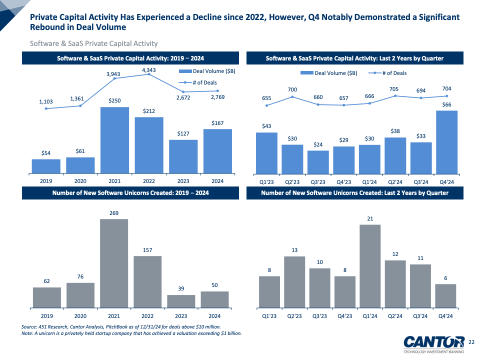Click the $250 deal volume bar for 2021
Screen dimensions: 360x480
point(114,140)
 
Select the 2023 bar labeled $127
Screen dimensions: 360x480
point(183,156)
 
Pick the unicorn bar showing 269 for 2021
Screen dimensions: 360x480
point(114,263)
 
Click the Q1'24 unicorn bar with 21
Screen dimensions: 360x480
point(370,265)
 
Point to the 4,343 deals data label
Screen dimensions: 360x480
point(149,70)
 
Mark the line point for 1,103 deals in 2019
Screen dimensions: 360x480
point(46,108)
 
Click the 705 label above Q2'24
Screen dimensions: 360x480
point(395,89)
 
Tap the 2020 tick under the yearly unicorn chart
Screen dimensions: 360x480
point(80,316)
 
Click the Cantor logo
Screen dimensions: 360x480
point(434,342)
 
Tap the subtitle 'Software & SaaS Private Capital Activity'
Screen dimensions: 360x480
point(94,44)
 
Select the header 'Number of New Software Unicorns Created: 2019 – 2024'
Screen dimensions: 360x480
point(130,192)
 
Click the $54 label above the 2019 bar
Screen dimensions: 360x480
point(46,153)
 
